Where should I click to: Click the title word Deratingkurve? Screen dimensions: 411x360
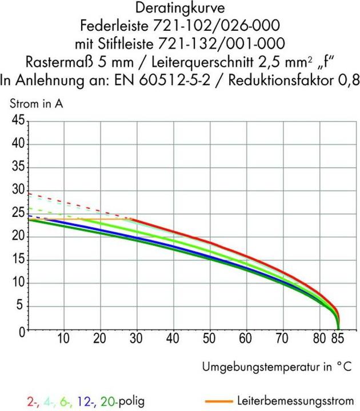[180, 8]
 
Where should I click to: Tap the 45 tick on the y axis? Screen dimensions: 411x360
[18, 121]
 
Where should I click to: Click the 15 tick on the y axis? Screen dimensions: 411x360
[18, 260]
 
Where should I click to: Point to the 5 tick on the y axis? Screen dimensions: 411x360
[21, 307]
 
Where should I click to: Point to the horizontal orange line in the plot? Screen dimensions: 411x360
[103, 219]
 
